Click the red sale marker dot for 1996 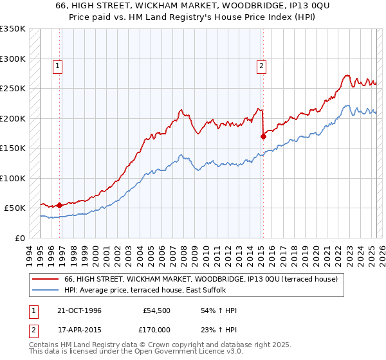click(x=60, y=205)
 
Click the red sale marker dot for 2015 click(x=263, y=136)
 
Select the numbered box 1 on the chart click(x=58, y=65)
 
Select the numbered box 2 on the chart click(x=262, y=65)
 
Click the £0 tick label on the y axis click(x=19, y=238)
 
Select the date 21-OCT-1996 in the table click(x=78, y=310)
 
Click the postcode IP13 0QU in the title click(x=288, y=6)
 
